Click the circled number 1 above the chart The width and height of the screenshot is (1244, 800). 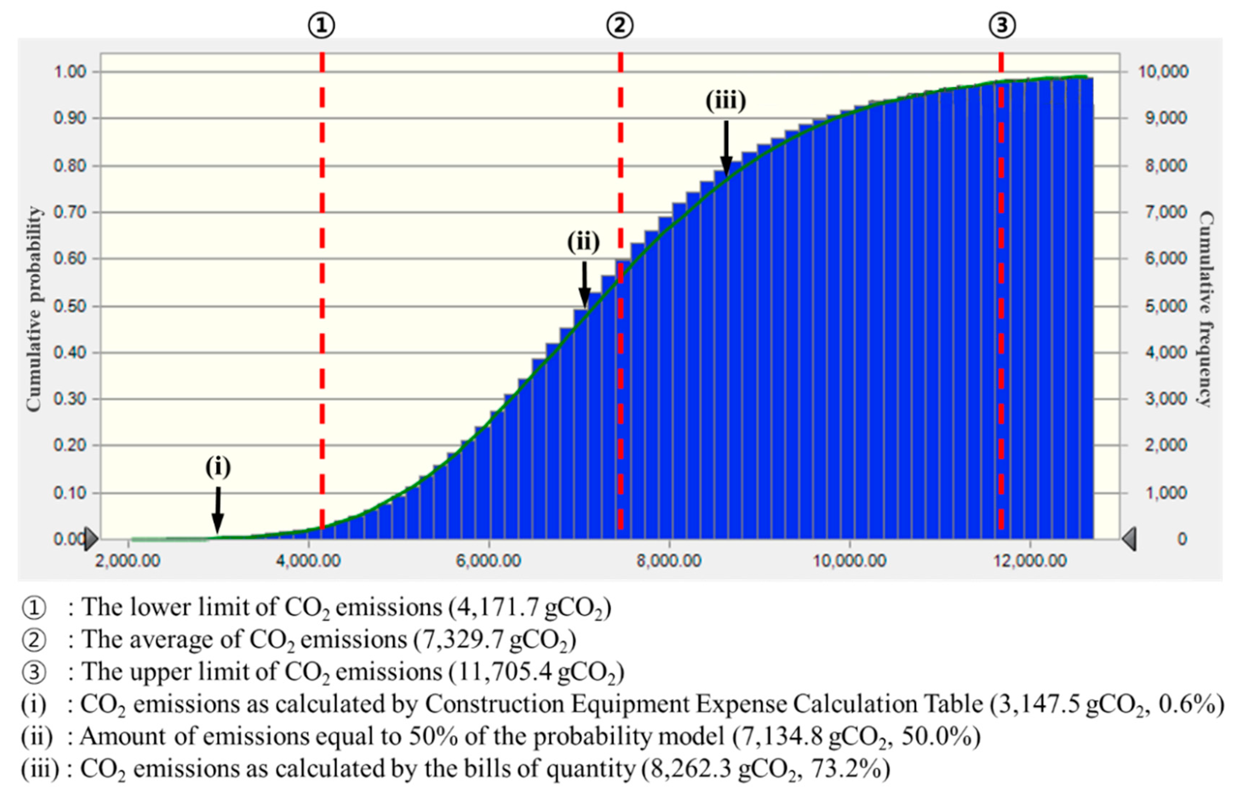pyautogui.click(x=321, y=25)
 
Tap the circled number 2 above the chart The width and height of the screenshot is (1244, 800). pyautogui.click(x=620, y=25)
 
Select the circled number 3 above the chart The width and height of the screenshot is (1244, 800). pyautogui.click(x=1002, y=25)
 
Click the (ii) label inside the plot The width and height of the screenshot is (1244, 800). pyautogui.click(x=583, y=241)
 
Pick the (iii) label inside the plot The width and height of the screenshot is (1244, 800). pyautogui.click(x=726, y=100)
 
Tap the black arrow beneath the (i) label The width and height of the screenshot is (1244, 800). pyautogui.click(x=218, y=510)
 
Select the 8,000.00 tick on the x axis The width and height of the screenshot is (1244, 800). pyautogui.click(x=669, y=560)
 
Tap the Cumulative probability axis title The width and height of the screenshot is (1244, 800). pyautogui.click(x=33, y=309)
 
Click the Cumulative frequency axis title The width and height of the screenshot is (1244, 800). pyautogui.click(x=1206, y=309)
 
